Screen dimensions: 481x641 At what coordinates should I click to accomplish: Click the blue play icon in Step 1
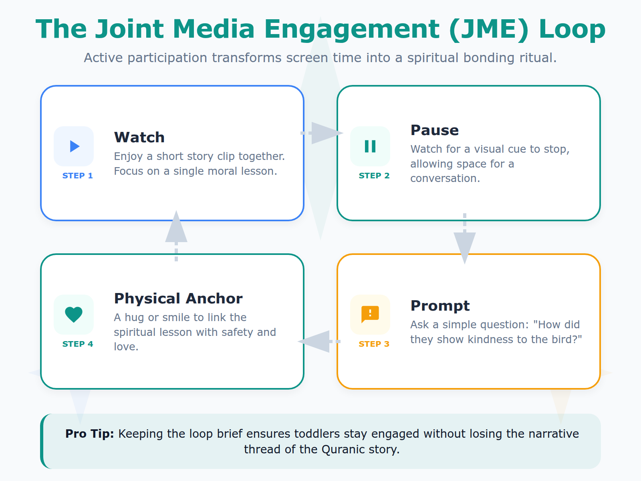coord(74,146)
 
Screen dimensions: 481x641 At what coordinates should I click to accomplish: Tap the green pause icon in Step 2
coord(370,146)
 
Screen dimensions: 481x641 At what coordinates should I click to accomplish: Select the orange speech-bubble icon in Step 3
coord(370,314)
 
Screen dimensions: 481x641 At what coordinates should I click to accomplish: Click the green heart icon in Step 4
coord(74,315)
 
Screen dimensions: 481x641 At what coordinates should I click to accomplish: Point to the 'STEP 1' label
coord(78,176)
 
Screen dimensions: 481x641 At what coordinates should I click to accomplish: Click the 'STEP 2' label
coord(374,176)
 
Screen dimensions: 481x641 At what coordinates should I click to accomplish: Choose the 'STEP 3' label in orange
coord(374,344)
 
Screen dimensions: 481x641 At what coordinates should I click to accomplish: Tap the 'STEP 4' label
coord(78,344)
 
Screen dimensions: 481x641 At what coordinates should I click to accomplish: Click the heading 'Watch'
coord(139,137)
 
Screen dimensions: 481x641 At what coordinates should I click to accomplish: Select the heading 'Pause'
coord(435,130)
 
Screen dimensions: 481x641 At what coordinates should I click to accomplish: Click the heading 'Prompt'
coord(440,306)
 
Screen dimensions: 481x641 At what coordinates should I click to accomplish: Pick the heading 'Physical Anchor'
coord(178,299)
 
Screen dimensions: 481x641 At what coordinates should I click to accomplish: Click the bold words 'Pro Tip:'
coord(90,434)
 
